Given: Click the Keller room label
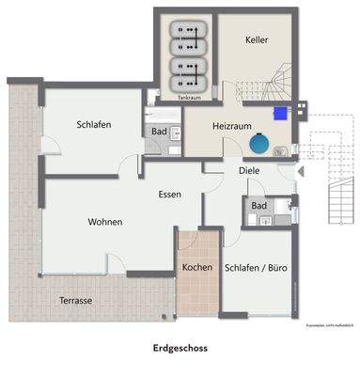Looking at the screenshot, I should (x=257, y=40).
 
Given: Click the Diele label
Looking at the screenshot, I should (x=248, y=171).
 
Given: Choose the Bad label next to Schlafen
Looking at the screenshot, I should (x=159, y=132).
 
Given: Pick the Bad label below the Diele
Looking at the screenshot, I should (x=258, y=205).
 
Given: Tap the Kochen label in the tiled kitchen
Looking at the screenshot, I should (x=196, y=268).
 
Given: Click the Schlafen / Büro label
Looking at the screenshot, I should (x=256, y=268).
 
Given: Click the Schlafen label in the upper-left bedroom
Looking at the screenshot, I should (x=97, y=125).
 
